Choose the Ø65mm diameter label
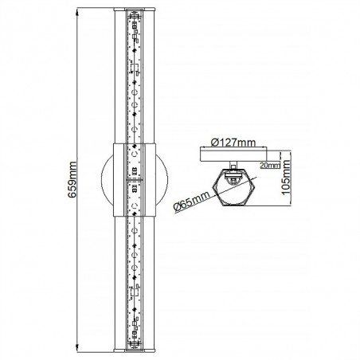click(189, 200)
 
